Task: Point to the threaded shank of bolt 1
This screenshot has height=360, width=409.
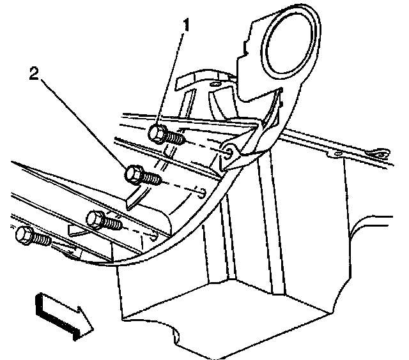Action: pos(176,137)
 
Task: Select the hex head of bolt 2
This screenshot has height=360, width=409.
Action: pos(134,173)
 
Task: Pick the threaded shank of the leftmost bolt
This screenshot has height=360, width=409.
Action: pos(41,240)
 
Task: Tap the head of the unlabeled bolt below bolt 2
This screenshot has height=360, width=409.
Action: pos(96,220)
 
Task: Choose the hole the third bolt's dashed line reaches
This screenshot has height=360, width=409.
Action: pos(153,232)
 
